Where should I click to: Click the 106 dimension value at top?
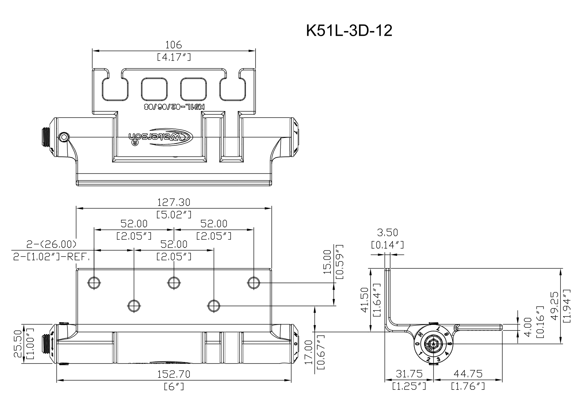(174, 44)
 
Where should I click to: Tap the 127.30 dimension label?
(174, 202)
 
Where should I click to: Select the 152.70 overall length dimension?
(174, 374)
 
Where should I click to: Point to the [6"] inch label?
(174, 386)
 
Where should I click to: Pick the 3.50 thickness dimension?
(387, 232)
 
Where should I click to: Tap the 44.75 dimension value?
(468, 374)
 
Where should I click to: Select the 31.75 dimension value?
(409, 374)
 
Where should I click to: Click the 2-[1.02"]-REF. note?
(51, 257)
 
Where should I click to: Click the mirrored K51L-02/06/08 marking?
(174, 107)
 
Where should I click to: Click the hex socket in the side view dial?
(434, 346)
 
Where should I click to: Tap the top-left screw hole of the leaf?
(94, 283)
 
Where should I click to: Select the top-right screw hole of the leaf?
(254, 283)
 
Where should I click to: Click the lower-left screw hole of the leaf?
(134, 305)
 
